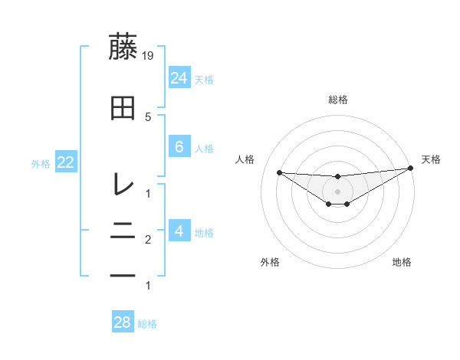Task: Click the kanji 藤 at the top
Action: [x=123, y=47]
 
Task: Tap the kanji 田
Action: [x=123, y=109]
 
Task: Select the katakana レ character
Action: [x=123, y=184]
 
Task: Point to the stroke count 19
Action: [x=149, y=56]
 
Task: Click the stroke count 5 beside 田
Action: [x=149, y=116]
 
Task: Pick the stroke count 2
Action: [x=149, y=241]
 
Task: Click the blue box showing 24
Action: [x=179, y=78]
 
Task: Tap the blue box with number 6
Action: [x=179, y=147]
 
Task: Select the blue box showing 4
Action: [x=179, y=231]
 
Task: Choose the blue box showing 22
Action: [x=65, y=162]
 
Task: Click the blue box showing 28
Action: [x=123, y=322]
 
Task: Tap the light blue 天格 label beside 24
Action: [x=204, y=79]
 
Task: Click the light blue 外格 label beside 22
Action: [x=40, y=163]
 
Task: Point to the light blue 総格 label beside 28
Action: [x=147, y=324]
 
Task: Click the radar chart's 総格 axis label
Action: [x=338, y=100]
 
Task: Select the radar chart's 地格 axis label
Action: [x=402, y=263]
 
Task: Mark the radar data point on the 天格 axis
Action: [x=410, y=169]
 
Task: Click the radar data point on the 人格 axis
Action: [x=279, y=172]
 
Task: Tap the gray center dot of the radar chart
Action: [x=338, y=191]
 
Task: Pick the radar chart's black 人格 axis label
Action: [x=245, y=159]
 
